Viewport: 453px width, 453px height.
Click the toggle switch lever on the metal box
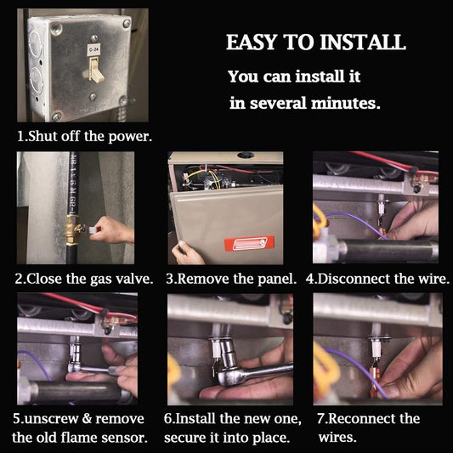pyautogui.click(x=95, y=70)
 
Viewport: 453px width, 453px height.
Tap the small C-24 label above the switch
pyautogui.click(x=93, y=49)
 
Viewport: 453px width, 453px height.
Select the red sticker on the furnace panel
pyautogui.click(x=249, y=243)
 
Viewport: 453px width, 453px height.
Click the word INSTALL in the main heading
pyautogui.click(x=363, y=42)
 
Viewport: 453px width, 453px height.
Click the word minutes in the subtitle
pyautogui.click(x=346, y=103)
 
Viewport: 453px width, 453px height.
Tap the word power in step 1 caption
pyautogui.click(x=130, y=137)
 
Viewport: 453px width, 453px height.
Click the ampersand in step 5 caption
pyautogui.click(x=87, y=419)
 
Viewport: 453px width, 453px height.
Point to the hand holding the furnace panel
pyautogui.click(x=187, y=253)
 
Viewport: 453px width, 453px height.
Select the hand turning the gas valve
pyautogui.click(x=112, y=230)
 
